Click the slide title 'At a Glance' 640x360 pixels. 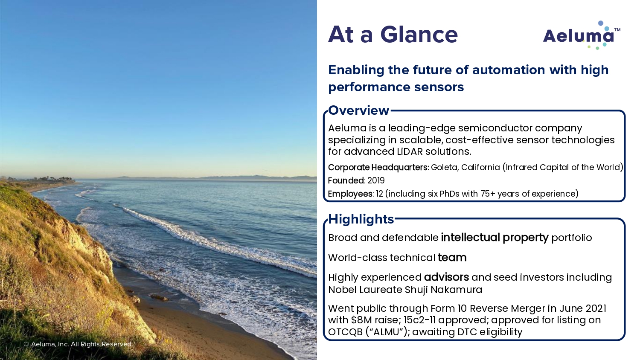(x=393, y=35)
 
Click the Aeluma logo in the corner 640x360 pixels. (x=582, y=35)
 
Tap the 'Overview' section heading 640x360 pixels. (x=358, y=110)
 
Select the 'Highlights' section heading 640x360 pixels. (x=361, y=219)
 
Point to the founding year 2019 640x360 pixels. (x=376, y=180)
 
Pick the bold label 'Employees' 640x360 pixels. (x=350, y=194)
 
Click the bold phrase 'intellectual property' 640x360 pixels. (x=495, y=238)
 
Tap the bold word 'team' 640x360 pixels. (x=452, y=258)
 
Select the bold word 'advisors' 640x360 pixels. (x=446, y=277)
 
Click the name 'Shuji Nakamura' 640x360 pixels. (x=443, y=290)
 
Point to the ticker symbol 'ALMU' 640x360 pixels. (x=386, y=332)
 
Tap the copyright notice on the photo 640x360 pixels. (x=78, y=344)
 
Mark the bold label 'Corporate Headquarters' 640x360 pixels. (x=378, y=168)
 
